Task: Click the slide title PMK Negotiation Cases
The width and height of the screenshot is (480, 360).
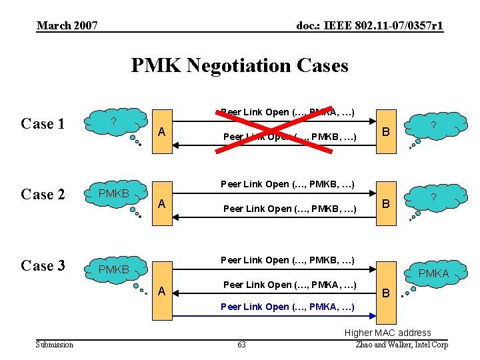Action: click(239, 65)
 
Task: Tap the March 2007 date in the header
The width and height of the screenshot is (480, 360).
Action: click(67, 26)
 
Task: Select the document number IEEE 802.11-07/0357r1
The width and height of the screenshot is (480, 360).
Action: click(369, 26)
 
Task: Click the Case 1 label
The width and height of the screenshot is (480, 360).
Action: click(43, 124)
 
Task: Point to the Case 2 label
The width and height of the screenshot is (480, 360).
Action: click(43, 195)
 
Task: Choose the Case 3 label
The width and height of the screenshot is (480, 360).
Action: click(43, 265)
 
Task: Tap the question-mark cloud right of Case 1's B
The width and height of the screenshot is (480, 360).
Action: click(433, 125)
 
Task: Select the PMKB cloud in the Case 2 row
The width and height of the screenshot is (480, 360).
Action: click(113, 193)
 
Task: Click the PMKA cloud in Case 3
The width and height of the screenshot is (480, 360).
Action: click(433, 272)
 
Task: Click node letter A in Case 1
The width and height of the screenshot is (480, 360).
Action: click(161, 132)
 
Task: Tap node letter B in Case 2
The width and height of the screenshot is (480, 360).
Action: click(384, 203)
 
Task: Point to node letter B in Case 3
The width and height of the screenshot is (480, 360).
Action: click(384, 293)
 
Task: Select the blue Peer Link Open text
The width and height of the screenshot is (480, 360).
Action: click(288, 307)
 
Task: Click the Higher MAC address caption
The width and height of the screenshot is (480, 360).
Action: click(387, 333)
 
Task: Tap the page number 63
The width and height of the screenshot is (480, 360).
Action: click(241, 345)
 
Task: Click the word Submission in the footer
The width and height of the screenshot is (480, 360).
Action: click(55, 345)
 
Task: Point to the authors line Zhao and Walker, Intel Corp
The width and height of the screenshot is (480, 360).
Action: click(403, 345)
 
